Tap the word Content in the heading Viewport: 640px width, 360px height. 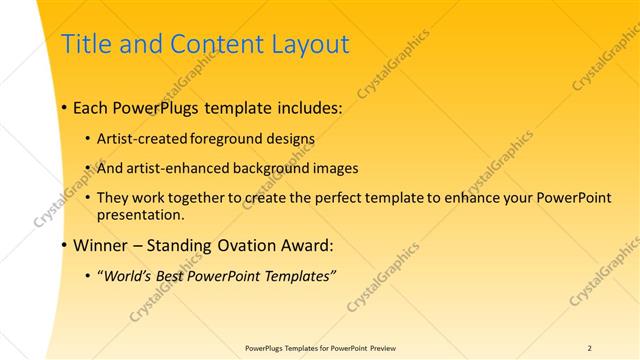coord(211,44)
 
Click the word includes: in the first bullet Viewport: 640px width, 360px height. coord(307,107)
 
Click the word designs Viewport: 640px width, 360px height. coord(289,138)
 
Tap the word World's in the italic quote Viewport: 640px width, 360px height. coord(128,275)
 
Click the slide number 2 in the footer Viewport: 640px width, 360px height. coord(589,348)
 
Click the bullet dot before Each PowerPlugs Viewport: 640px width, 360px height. coord(64,107)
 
